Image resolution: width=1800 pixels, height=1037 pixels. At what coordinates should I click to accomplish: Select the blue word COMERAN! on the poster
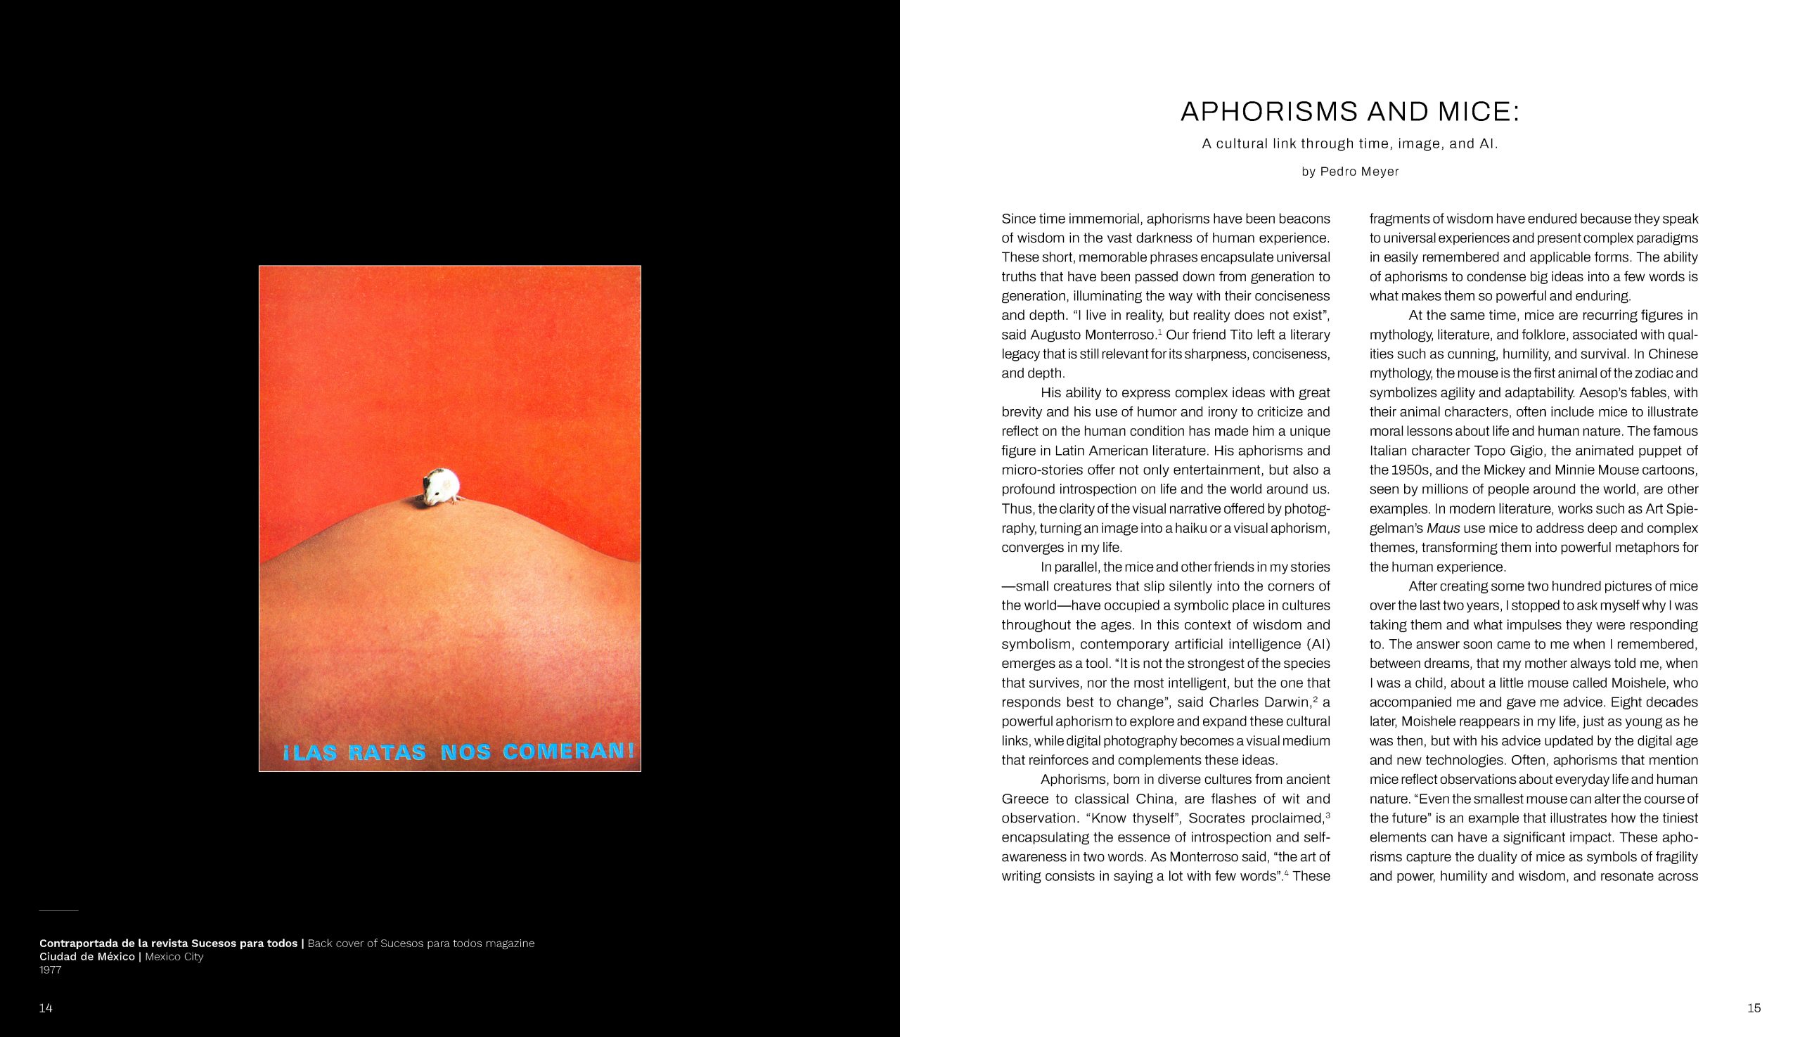click(568, 751)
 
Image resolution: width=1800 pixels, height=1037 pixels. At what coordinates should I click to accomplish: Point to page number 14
click(46, 1007)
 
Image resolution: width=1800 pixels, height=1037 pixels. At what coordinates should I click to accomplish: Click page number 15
click(1754, 1007)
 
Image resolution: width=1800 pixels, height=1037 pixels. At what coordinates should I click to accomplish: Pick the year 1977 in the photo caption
click(50, 970)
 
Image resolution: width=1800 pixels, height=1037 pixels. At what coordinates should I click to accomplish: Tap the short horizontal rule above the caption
click(58, 911)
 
